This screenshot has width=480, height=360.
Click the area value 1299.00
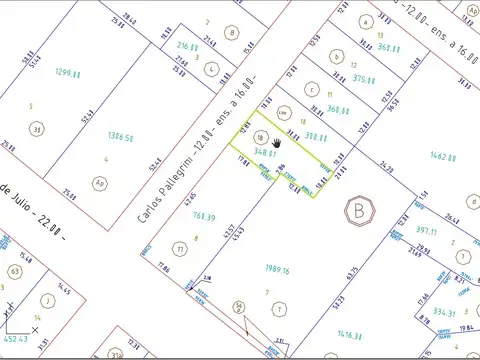(68, 72)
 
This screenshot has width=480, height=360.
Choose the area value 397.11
(425, 230)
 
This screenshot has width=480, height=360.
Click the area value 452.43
(15, 339)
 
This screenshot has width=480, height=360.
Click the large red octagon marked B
(357, 212)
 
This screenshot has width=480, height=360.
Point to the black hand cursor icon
(276, 144)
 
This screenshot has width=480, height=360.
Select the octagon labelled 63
(15, 271)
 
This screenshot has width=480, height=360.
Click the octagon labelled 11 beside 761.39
(180, 247)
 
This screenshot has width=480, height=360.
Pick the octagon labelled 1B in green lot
(260, 139)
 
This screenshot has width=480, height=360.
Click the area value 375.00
(364, 80)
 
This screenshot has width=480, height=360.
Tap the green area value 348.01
(266, 152)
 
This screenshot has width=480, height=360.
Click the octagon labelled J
(47, 298)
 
